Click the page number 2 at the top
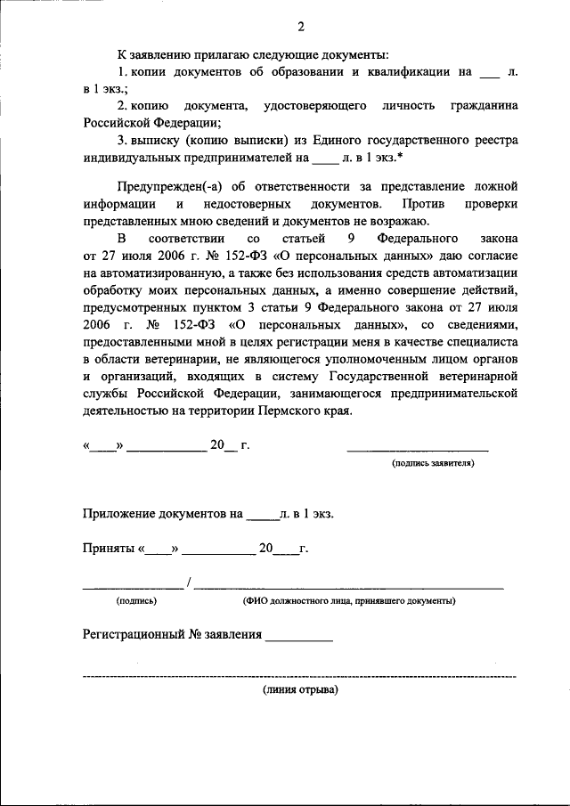(288, 24)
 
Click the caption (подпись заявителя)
(433, 463)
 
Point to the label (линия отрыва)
(300, 690)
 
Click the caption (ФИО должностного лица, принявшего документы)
(349, 601)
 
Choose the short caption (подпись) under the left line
(136, 601)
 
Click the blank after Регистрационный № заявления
(299, 637)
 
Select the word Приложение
(120, 514)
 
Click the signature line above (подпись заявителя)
(417, 450)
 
